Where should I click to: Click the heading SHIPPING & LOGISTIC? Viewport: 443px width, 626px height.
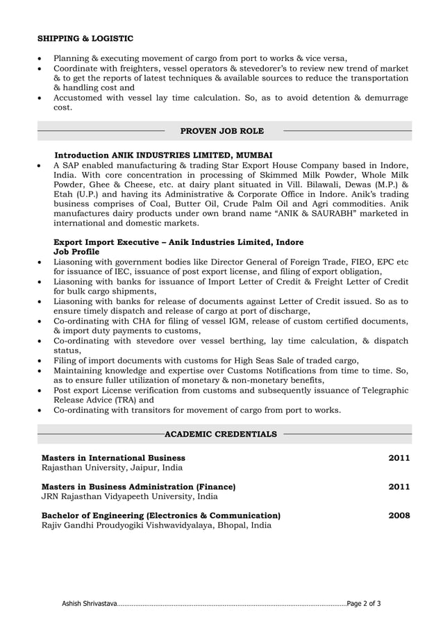[x=85, y=39]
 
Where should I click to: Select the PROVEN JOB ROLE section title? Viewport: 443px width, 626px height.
[x=221, y=130]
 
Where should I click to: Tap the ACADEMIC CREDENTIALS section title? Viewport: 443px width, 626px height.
[x=221, y=434]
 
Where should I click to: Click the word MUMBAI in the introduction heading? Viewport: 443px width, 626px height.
[x=254, y=155]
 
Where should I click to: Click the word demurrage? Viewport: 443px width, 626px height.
[x=383, y=98]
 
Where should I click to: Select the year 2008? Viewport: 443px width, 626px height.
[x=399, y=516]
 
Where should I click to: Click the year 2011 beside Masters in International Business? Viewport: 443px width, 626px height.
[x=399, y=458]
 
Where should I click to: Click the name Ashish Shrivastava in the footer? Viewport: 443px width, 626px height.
[x=89, y=604]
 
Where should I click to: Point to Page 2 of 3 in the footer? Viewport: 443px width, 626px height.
[x=364, y=604]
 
